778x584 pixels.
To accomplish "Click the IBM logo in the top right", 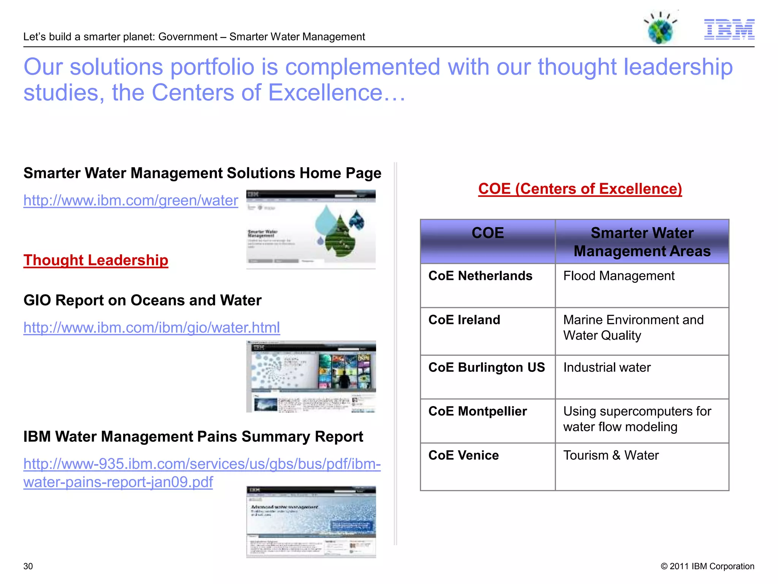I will (x=729, y=29).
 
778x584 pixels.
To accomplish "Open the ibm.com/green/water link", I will (x=131, y=200).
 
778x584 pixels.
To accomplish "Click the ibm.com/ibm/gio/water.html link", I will (x=152, y=327).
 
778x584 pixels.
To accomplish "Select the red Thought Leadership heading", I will (x=96, y=260).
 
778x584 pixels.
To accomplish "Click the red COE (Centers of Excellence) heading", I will (x=580, y=189).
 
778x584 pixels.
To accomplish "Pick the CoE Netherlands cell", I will (x=480, y=276).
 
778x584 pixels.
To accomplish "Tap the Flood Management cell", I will (x=619, y=276).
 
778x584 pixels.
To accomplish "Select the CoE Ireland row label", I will (x=464, y=320).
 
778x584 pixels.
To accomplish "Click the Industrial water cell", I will (x=607, y=368).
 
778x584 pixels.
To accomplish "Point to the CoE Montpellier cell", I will (x=478, y=411).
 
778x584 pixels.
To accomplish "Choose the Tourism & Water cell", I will (x=611, y=455).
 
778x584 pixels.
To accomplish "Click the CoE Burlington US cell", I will (x=487, y=368).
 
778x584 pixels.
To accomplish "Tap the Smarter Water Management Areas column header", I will (x=642, y=242).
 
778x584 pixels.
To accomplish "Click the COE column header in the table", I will (x=488, y=233).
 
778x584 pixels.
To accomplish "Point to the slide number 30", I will (x=28, y=566).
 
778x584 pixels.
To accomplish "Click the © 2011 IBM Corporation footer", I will (x=707, y=566).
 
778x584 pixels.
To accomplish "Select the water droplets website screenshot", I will (x=311, y=229).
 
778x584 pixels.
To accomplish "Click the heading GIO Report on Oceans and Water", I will (x=142, y=300).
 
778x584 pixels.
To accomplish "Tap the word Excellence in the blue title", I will (x=325, y=93).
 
